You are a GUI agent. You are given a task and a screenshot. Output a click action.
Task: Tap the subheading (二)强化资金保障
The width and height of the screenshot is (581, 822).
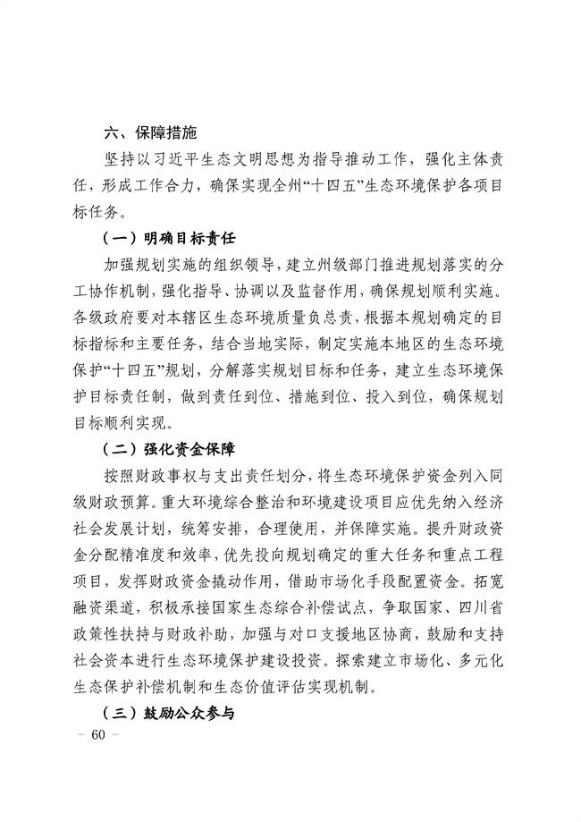[169, 445]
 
